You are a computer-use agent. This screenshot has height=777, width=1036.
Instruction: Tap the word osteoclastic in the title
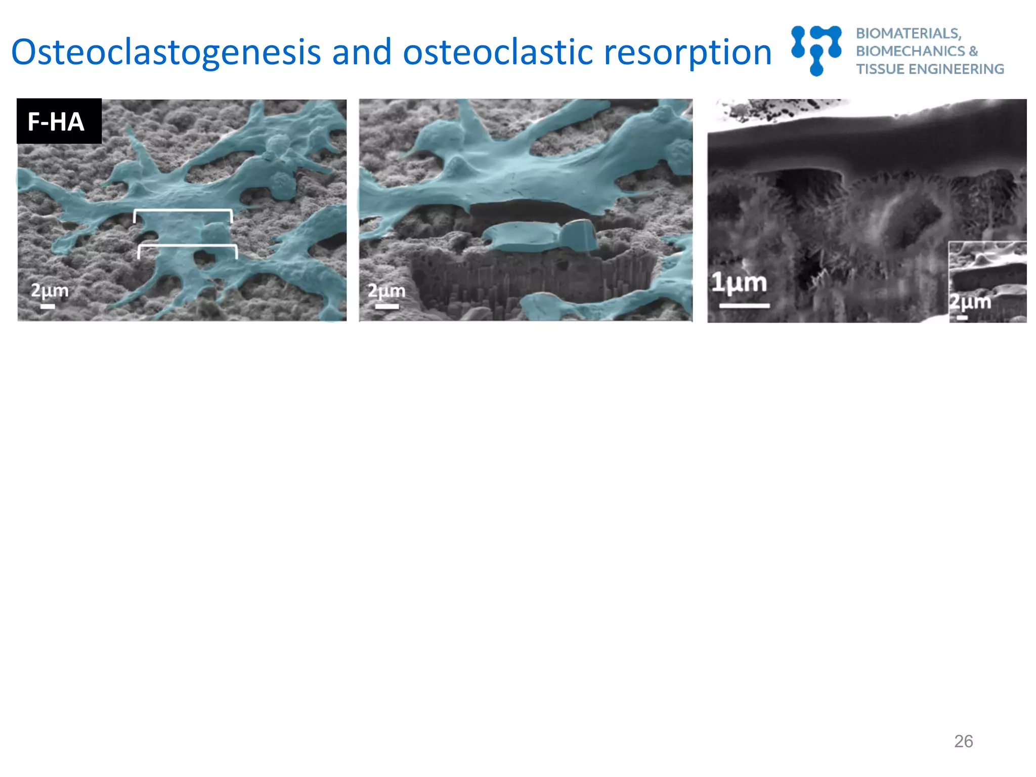point(498,53)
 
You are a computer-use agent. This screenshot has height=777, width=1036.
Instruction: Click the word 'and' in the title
point(362,53)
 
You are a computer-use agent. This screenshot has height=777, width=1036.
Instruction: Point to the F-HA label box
point(59,121)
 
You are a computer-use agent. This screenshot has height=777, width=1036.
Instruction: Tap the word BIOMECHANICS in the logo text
point(911,51)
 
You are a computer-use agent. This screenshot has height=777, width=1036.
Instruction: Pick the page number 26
point(963,741)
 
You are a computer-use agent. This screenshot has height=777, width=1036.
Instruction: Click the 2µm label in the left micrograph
point(50,290)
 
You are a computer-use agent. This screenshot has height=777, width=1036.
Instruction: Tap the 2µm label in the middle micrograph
point(386,291)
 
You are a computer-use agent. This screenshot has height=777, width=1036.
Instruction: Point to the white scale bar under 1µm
point(744,306)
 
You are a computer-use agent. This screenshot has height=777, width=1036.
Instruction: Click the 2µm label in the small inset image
point(970,302)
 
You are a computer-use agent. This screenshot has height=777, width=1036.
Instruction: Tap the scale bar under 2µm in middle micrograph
point(386,306)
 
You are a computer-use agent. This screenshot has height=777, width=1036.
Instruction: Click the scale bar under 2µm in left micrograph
point(48,306)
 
